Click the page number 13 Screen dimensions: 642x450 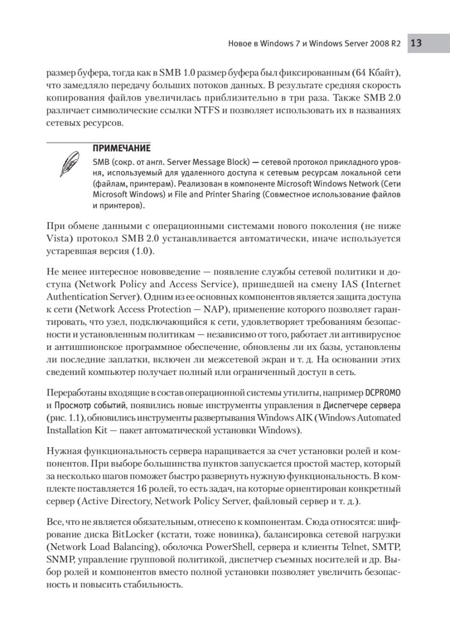[x=417, y=43]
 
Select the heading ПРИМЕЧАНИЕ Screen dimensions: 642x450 [x=116, y=148]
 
